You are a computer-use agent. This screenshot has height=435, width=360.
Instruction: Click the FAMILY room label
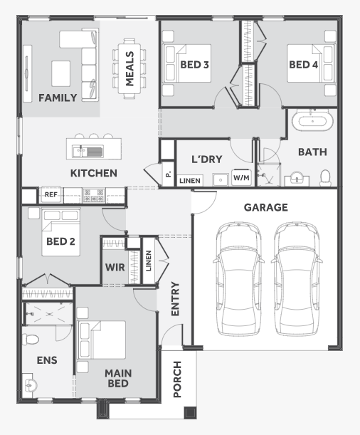(x=57, y=98)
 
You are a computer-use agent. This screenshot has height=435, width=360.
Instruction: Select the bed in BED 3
(x=186, y=65)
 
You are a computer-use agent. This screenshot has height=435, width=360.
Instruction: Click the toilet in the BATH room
(x=326, y=176)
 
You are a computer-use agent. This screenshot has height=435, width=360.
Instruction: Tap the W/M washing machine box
(x=240, y=178)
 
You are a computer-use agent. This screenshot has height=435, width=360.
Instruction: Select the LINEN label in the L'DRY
(x=189, y=181)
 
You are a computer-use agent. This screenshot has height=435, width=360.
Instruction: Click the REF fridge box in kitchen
(x=51, y=194)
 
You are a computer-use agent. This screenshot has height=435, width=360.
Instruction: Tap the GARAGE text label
(x=265, y=208)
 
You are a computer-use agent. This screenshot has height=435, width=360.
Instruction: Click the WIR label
(x=115, y=268)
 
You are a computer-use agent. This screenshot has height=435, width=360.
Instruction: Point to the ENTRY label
(x=176, y=299)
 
